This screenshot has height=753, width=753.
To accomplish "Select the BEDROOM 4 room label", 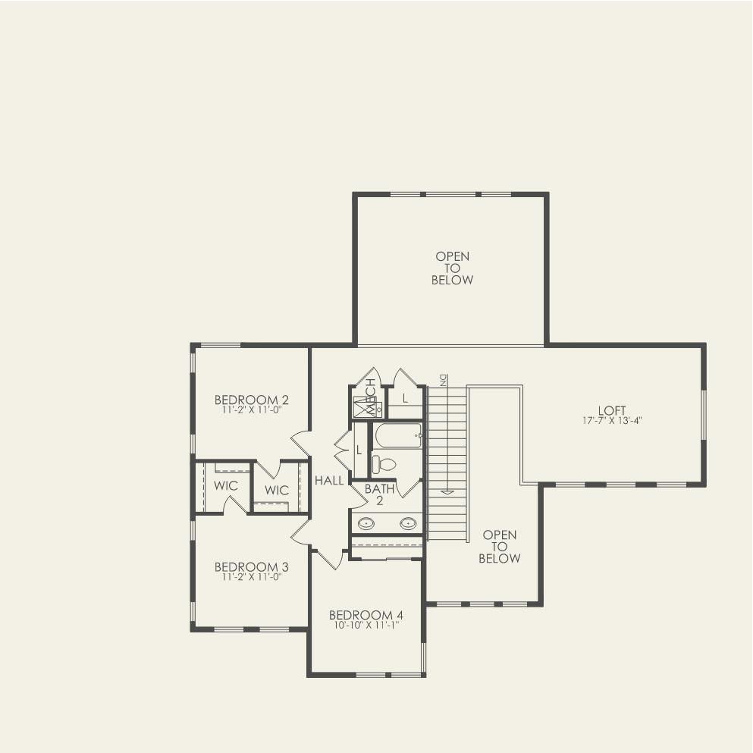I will (366, 615).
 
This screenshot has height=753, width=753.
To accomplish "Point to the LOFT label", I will (611, 410).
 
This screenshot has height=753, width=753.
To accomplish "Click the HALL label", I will (329, 480).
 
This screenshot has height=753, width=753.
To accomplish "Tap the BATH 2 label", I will (379, 494).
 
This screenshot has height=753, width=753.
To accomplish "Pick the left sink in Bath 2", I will (366, 522).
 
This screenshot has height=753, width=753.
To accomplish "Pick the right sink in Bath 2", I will (408, 522).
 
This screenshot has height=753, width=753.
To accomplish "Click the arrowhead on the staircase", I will (447, 491).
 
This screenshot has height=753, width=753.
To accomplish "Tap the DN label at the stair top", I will (443, 378).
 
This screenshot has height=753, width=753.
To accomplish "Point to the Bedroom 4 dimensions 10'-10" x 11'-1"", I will (366, 625).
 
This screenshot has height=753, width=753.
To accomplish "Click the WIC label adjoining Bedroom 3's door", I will (226, 485).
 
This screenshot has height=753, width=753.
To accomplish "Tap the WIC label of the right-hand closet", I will (277, 491).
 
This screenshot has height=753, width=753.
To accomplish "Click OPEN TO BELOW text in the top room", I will (452, 268).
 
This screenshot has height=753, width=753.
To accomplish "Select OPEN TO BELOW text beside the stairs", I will (499, 547).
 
